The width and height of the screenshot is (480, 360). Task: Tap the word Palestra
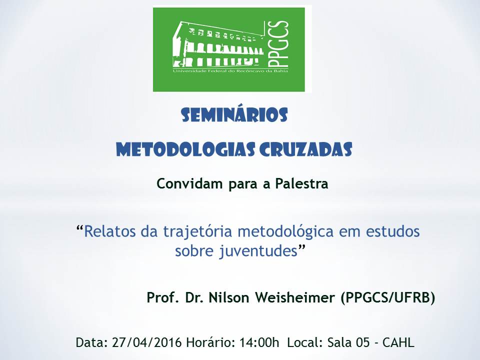click(301, 184)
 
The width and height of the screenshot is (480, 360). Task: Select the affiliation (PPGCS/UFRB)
click(388, 298)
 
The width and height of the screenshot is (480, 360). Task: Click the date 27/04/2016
click(146, 343)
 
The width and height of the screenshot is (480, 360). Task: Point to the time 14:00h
click(258, 343)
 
